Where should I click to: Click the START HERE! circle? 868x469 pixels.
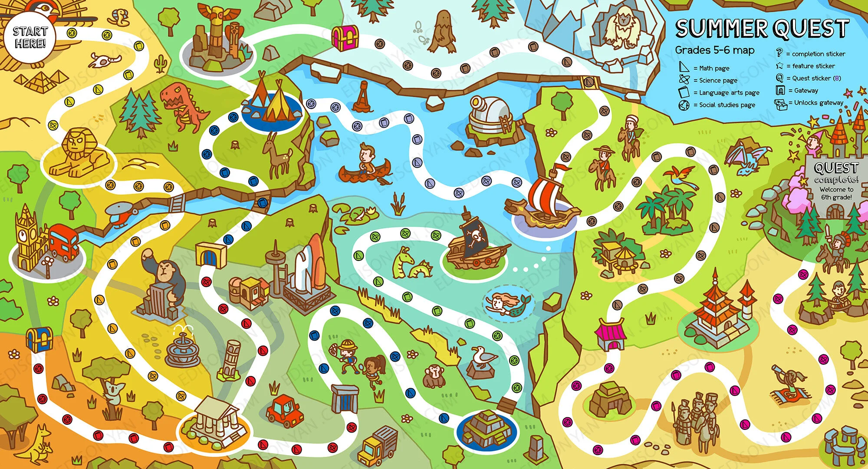pos(29,38)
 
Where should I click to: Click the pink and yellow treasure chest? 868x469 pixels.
pos(345,37)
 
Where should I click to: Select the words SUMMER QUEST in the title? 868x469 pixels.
pos(762,29)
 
